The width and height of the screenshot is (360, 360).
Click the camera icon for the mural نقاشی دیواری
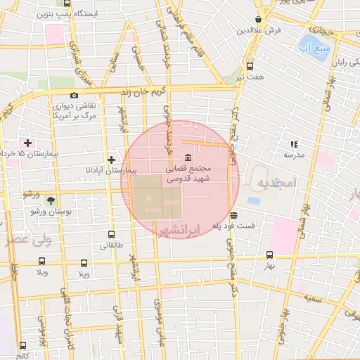coord(74,95)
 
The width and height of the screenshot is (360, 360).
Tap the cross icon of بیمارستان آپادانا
coord(111,160)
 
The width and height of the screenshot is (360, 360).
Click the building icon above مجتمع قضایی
coord(187,157)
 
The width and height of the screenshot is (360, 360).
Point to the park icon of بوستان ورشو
coord(50,201)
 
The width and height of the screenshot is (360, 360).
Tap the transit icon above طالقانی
coord(111,235)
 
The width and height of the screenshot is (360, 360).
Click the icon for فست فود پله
coord(233,215)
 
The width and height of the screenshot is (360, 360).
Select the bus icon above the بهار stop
coord(269,256)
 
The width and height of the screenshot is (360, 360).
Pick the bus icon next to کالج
coord(23,346)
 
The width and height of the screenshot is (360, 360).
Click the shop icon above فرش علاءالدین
coord(259,20)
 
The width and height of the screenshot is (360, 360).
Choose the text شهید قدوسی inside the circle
coord(183,180)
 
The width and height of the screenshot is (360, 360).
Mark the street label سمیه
coord(314,299)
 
